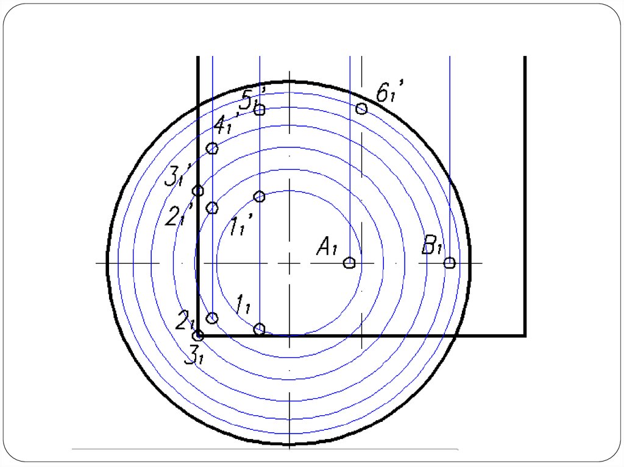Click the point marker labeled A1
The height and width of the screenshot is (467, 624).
(349, 263)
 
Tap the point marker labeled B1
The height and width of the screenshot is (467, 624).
(449, 263)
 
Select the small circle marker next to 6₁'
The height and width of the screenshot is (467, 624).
(361, 108)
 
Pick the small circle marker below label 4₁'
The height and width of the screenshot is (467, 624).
(213, 149)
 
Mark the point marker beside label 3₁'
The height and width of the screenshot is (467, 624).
(198, 191)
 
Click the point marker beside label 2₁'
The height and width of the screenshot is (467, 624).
(213, 208)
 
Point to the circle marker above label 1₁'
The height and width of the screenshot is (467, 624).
(260, 196)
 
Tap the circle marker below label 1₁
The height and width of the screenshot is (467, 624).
(260, 329)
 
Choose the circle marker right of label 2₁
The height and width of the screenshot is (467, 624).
(213, 318)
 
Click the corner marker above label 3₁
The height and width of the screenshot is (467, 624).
(199, 335)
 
